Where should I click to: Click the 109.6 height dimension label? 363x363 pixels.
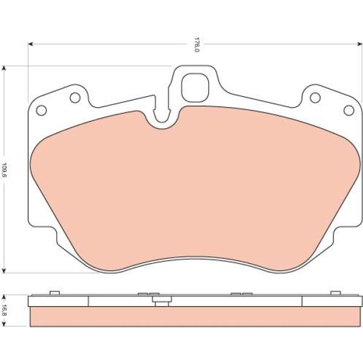(5, 169)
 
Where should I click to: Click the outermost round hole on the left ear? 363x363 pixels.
(42, 110)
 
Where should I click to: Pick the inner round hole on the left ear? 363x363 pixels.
(75, 97)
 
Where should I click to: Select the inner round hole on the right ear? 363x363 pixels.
(315, 97)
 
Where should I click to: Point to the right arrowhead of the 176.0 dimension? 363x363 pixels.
(359, 44)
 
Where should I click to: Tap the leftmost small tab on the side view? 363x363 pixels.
(54, 293)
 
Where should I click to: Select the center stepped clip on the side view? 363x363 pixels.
(160, 300)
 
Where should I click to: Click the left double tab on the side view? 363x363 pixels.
(144, 294)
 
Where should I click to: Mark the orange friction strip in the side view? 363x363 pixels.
(195, 317)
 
